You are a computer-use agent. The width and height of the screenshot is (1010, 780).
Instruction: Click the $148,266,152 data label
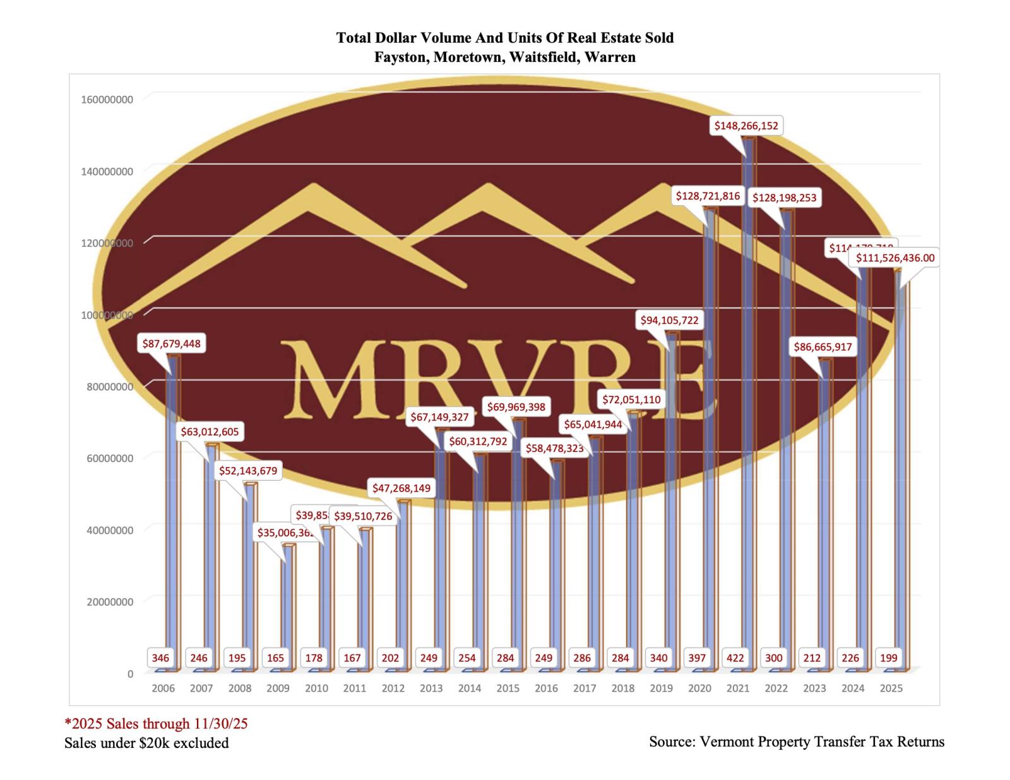746,126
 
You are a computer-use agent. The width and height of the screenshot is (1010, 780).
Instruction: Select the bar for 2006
172,505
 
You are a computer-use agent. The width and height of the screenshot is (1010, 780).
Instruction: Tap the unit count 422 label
735,658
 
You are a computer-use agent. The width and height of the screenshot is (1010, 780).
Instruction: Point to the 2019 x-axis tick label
661,688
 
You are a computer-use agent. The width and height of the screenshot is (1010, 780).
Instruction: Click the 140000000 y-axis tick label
107,171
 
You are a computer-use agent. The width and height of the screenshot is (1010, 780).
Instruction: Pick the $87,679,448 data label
171,343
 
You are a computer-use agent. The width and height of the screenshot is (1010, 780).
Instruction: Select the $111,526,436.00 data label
895,257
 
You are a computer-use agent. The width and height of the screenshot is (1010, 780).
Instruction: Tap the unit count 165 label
275,658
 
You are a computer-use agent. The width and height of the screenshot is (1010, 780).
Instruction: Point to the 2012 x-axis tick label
393,688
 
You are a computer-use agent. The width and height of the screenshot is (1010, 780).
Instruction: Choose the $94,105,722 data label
669,320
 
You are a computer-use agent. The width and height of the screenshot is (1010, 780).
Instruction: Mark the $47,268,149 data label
401,488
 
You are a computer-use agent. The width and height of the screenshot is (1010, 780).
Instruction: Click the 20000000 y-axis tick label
110,601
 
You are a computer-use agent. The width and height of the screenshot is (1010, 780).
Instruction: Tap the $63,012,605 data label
210,432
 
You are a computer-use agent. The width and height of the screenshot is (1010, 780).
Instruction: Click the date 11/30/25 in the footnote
220,723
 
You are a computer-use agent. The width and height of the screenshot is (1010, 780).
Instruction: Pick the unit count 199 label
888,658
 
